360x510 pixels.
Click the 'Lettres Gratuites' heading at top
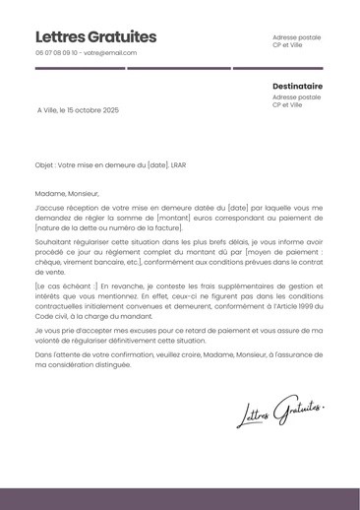click(x=95, y=36)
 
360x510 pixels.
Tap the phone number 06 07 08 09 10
click(x=56, y=53)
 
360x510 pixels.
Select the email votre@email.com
click(x=110, y=53)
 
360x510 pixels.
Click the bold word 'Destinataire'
click(x=297, y=86)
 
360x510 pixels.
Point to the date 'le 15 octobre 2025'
click(x=91, y=110)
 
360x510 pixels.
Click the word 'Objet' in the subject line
click(x=43, y=165)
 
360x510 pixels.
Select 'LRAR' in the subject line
click(x=179, y=165)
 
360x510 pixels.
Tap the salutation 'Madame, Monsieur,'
click(x=67, y=194)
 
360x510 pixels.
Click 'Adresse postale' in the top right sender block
click(x=296, y=37)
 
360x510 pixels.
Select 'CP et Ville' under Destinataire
click(x=287, y=105)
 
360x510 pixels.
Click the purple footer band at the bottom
click(x=180, y=498)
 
